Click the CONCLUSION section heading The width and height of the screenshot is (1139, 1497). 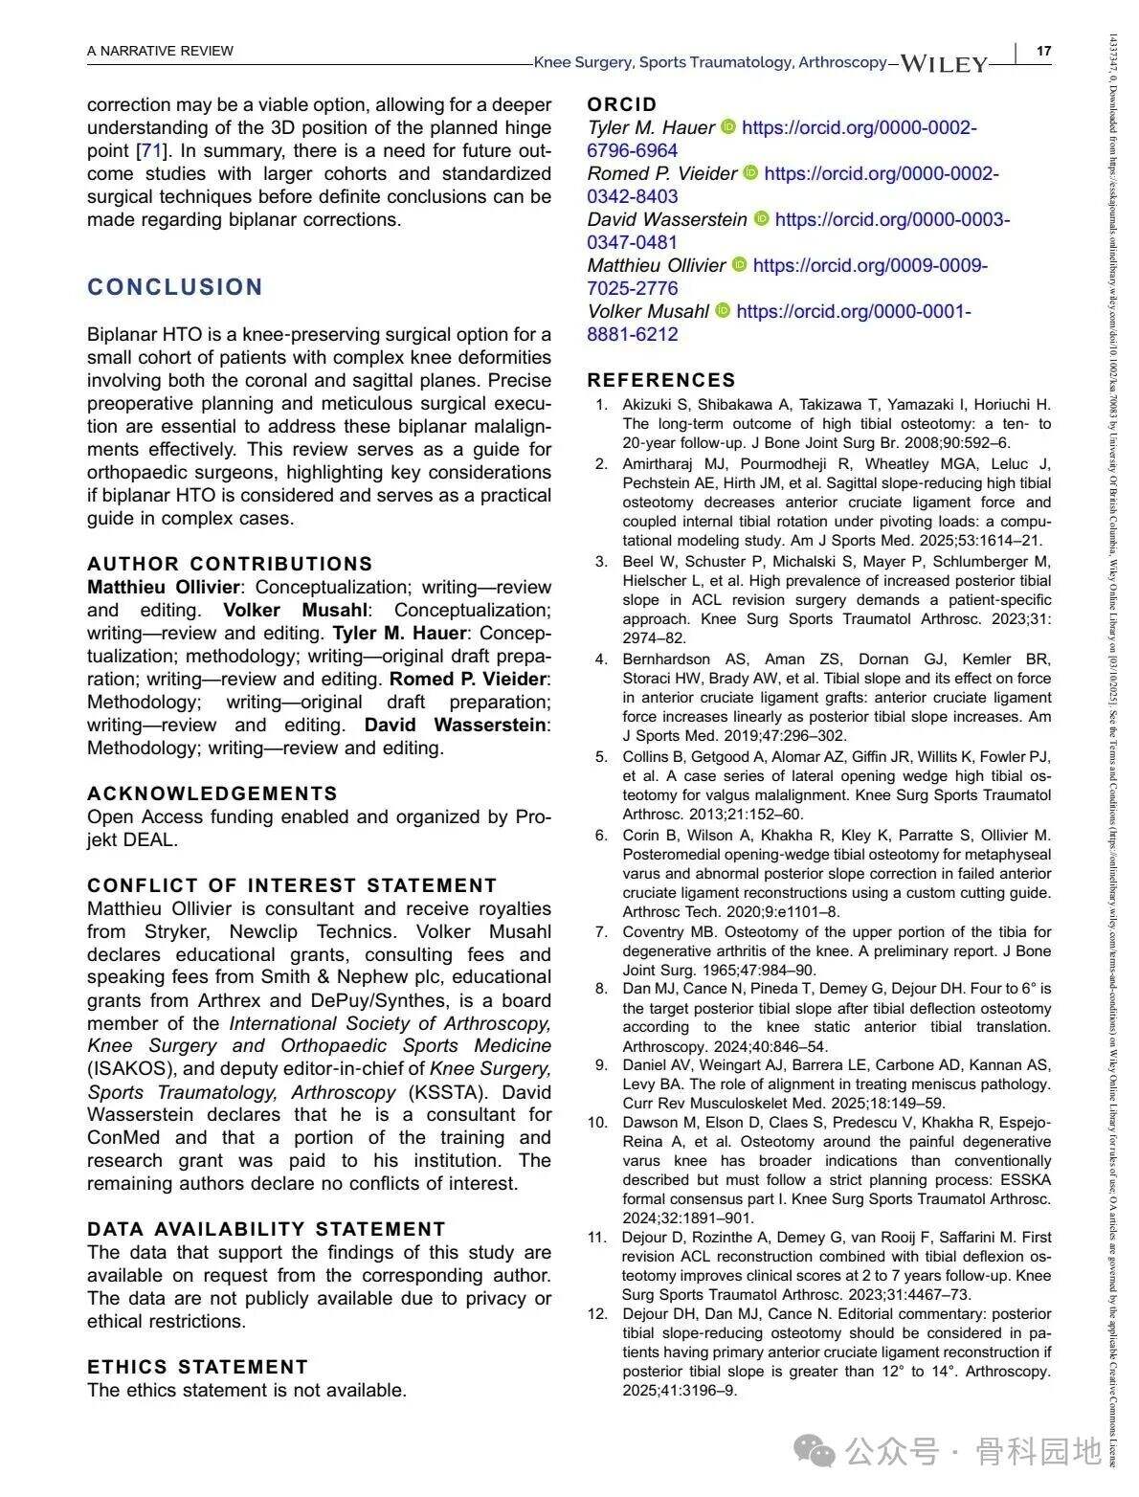[175, 287]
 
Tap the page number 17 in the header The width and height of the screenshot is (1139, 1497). [1043, 51]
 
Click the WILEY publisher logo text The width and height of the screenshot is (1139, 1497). [944, 64]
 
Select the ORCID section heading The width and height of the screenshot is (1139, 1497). [622, 104]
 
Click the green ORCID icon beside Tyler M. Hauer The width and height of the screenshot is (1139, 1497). [728, 127]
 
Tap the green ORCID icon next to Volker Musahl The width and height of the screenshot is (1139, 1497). [723, 311]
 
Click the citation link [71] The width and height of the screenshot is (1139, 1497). [150, 150]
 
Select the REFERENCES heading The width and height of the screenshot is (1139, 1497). [661, 380]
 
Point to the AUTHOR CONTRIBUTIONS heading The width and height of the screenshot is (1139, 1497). [230, 564]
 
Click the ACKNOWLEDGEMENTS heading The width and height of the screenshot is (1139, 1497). [212, 793]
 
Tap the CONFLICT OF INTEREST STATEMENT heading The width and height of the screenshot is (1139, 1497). [292, 885]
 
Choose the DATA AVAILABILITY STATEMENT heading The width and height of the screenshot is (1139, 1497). [266, 1229]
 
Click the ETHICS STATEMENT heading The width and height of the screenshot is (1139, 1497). [197, 1367]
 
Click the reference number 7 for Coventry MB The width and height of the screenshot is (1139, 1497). [601, 932]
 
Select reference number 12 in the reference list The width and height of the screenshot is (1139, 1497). [598, 1314]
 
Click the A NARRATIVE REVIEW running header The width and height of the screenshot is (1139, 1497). [160, 51]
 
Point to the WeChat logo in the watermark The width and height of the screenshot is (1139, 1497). [816, 1452]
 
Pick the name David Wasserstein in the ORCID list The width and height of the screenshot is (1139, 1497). [667, 219]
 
